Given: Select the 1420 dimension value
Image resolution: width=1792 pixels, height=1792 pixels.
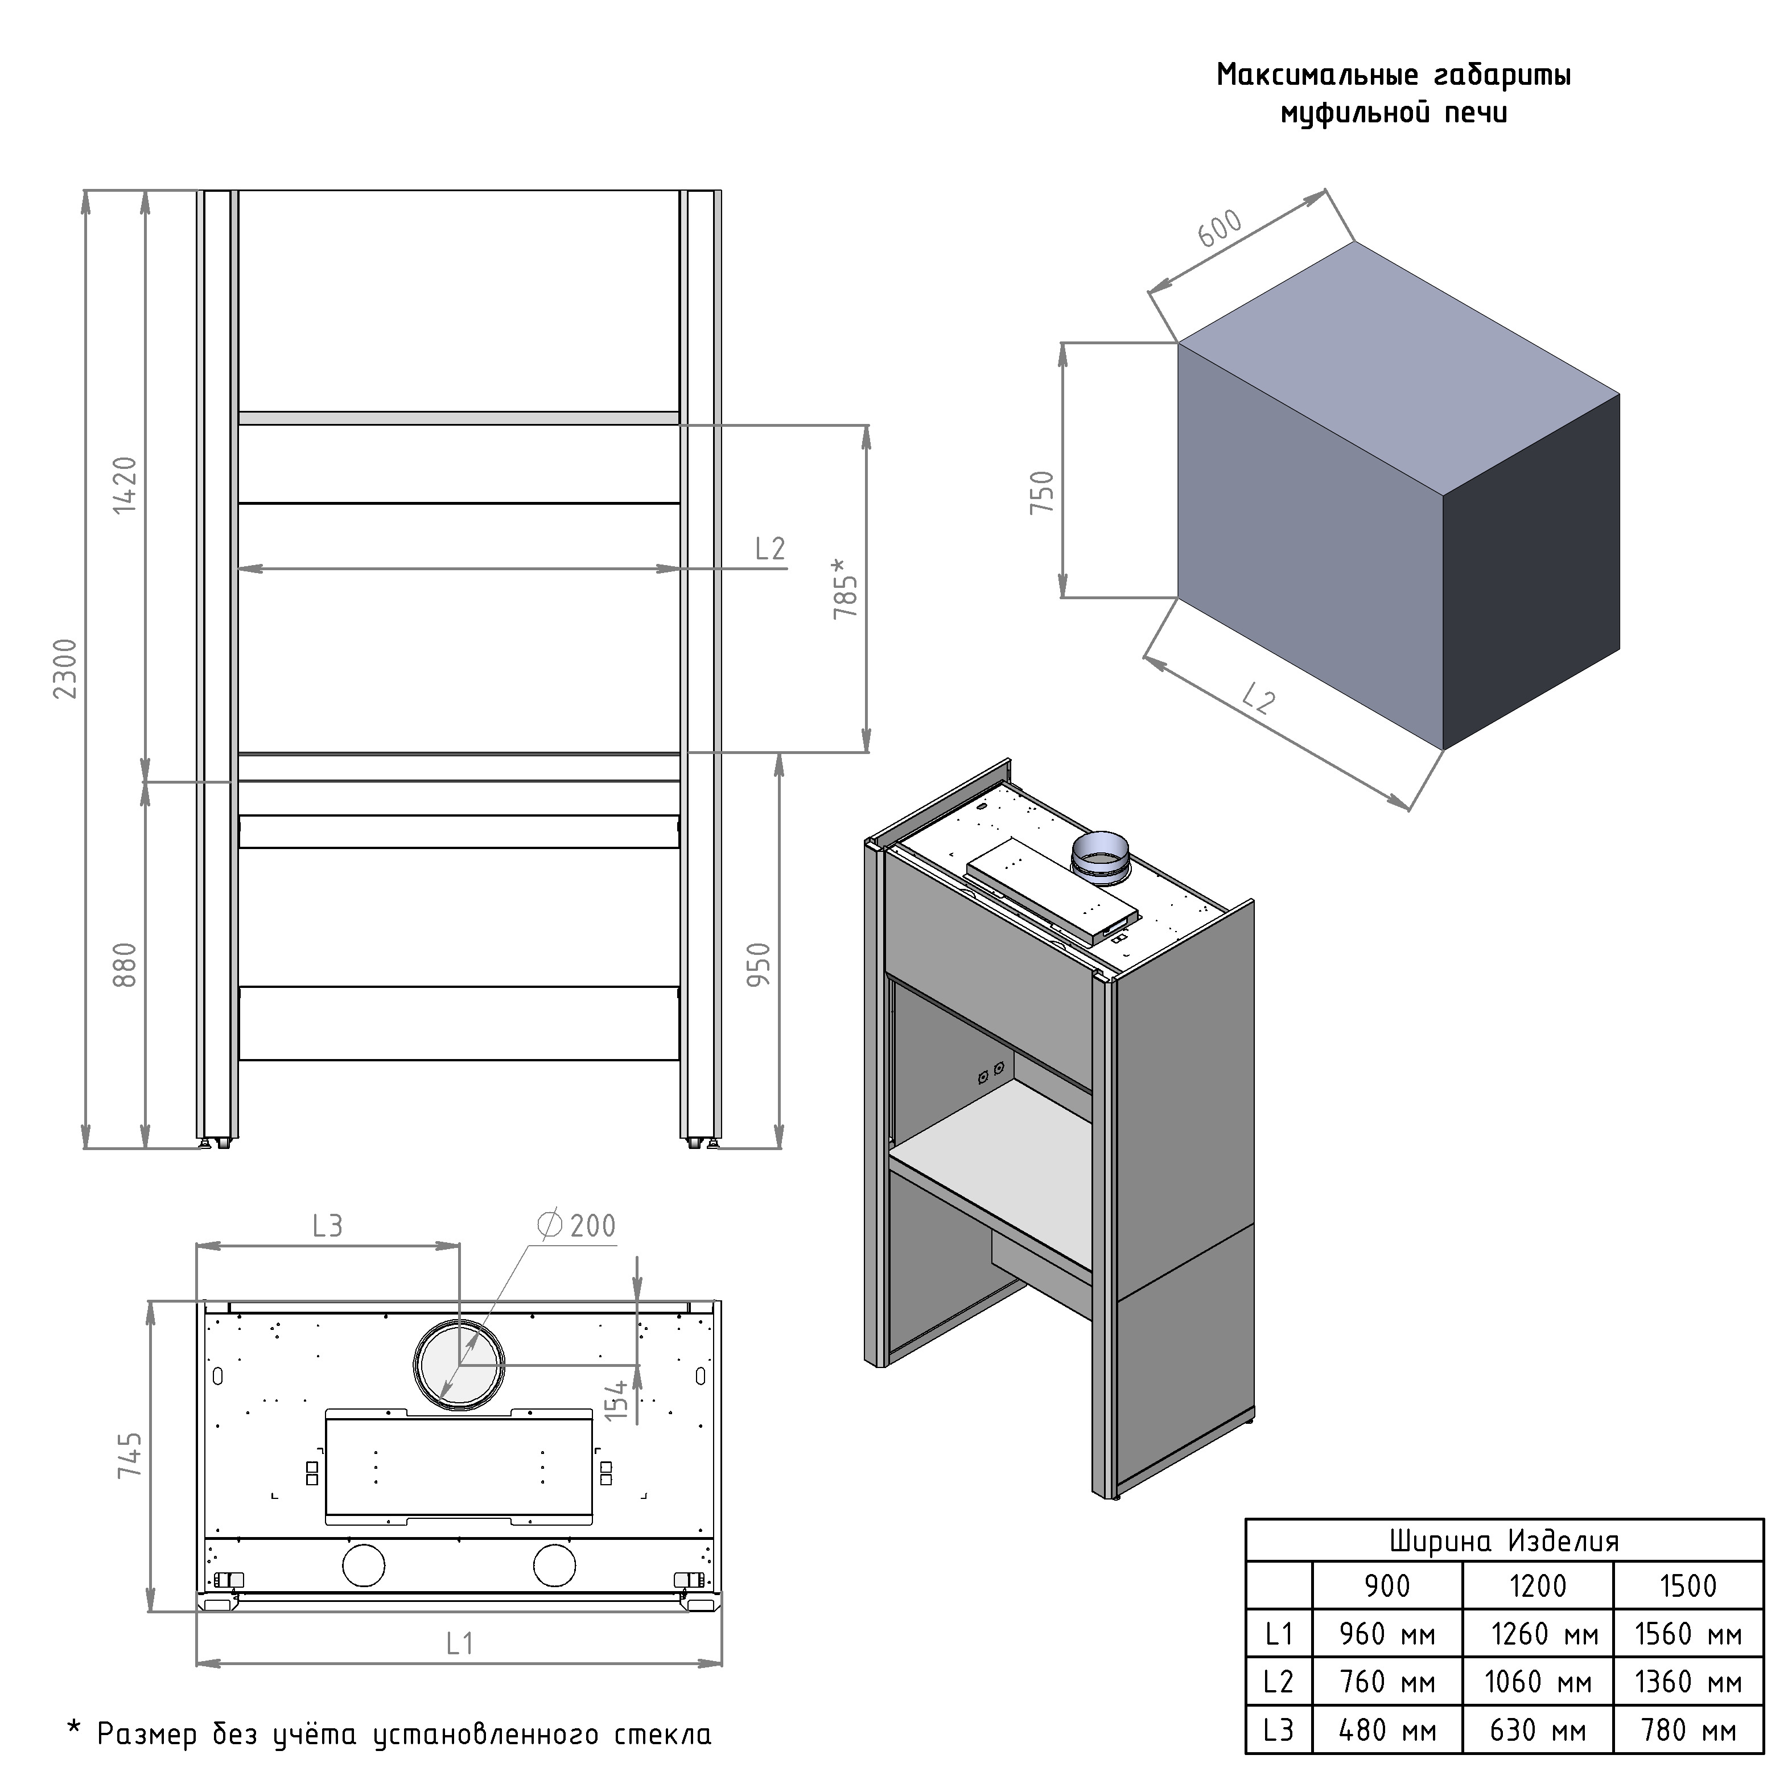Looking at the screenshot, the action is (x=124, y=485).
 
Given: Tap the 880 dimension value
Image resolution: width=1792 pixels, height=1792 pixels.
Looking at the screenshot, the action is (x=124, y=965).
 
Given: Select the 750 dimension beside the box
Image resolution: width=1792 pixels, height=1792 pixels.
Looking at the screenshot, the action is (x=1043, y=492).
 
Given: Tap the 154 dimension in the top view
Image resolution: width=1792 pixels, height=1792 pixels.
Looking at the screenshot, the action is (x=616, y=1400).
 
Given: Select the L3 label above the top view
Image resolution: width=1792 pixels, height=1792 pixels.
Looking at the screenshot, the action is (x=327, y=1226).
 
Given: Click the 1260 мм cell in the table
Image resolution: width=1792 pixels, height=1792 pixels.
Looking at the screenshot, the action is (x=1545, y=1633).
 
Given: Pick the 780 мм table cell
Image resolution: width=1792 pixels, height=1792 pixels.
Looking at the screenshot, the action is (x=1687, y=1730).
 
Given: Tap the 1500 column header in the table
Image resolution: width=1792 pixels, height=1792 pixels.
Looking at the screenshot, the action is (x=1688, y=1586).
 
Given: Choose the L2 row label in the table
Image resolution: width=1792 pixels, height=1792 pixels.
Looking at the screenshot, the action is (x=1278, y=1682).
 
